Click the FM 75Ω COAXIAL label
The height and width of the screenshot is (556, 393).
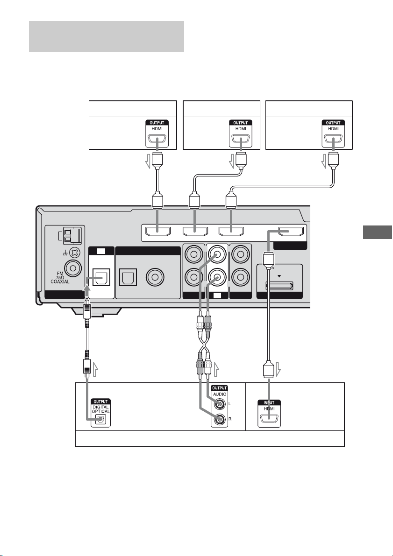(x=60, y=278)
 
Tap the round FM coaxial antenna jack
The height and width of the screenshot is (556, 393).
(x=73, y=268)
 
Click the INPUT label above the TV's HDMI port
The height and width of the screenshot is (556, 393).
(x=269, y=403)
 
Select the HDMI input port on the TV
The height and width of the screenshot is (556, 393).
(x=269, y=418)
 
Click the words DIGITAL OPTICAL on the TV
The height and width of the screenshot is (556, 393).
(x=101, y=409)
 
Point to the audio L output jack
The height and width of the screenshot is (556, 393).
(x=220, y=404)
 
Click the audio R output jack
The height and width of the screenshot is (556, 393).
(x=220, y=420)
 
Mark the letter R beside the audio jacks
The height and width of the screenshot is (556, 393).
(x=230, y=419)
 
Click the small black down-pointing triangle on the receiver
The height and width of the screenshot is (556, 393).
(x=279, y=275)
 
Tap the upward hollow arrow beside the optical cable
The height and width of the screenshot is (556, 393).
(x=94, y=369)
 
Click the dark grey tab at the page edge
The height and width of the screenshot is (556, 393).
(x=378, y=232)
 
